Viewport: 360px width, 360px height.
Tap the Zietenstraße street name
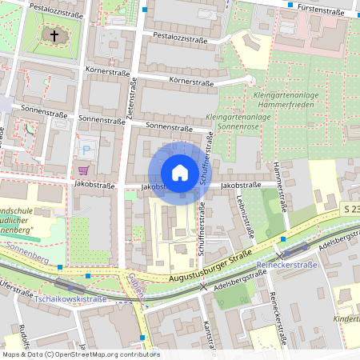130,103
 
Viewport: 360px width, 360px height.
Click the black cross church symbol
55,35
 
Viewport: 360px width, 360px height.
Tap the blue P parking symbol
86,150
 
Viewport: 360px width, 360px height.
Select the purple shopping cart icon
83,170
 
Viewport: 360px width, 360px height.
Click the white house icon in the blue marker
180,173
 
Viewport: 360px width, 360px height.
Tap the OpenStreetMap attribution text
80,354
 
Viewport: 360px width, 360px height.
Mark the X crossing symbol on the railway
203,285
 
